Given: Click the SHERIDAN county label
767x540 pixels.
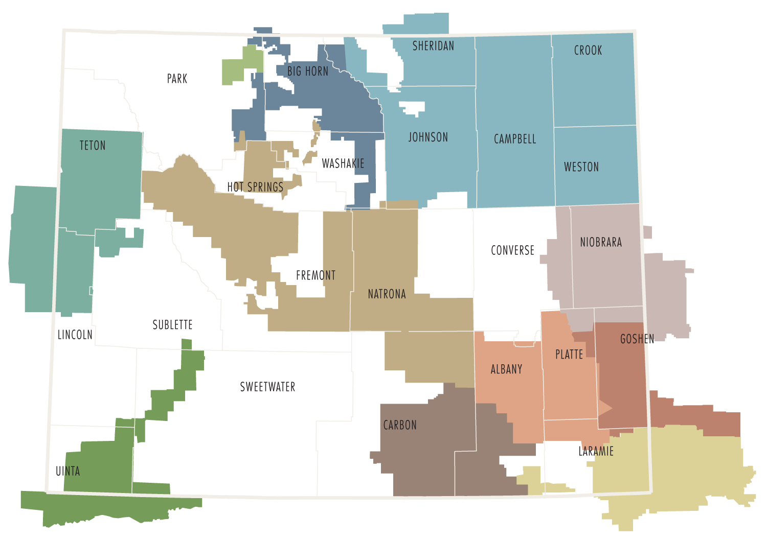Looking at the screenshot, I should (x=433, y=46).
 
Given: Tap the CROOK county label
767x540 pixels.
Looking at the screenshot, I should (x=588, y=50).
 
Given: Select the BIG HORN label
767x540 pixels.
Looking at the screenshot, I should (x=308, y=71).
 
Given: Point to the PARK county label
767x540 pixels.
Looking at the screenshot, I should (x=177, y=79).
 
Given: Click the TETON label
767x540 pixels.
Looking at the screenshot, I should (x=93, y=146).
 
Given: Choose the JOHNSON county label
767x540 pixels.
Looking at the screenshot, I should (x=428, y=137).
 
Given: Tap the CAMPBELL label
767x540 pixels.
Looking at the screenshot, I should (x=515, y=139).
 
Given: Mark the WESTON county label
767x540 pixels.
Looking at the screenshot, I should (x=581, y=167).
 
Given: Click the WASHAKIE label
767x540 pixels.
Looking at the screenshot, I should (x=343, y=163).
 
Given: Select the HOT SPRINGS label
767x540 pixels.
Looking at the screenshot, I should (x=256, y=187).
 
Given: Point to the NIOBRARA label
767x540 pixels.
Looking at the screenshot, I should (x=601, y=242).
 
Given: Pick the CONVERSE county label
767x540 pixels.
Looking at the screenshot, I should (x=512, y=250).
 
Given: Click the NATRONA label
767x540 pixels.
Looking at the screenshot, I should (x=387, y=294).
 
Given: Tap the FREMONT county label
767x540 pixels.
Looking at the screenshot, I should (x=315, y=275).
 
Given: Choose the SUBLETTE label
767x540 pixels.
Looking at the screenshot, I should (x=172, y=325).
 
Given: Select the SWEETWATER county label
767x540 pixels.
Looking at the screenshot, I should (x=267, y=387).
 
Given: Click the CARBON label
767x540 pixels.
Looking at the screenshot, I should (x=400, y=425).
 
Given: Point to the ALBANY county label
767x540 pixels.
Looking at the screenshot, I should (x=506, y=369).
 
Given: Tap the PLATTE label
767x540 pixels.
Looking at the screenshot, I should (x=569, y=354).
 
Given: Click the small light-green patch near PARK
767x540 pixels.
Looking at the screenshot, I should (x=242, y=65).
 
